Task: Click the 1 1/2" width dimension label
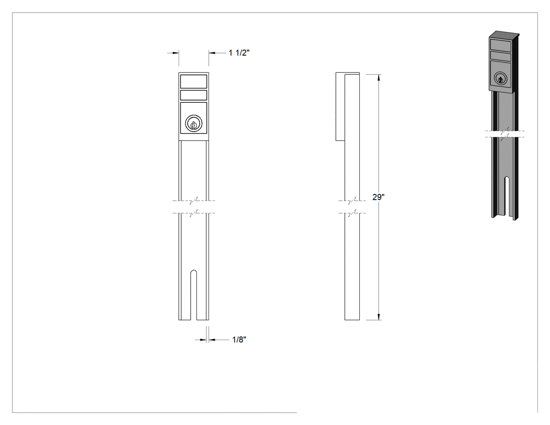(239, 52)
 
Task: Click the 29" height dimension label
(379, 197)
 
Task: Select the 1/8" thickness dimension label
(239, 340)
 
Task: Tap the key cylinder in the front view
(194, 124)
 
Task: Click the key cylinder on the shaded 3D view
(501, 79)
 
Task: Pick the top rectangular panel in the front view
(194, 81)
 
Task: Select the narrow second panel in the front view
(194, 95)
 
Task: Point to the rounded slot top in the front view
(193, 273)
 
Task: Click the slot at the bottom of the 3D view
(507, 196)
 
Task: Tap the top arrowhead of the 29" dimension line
(379, 78)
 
